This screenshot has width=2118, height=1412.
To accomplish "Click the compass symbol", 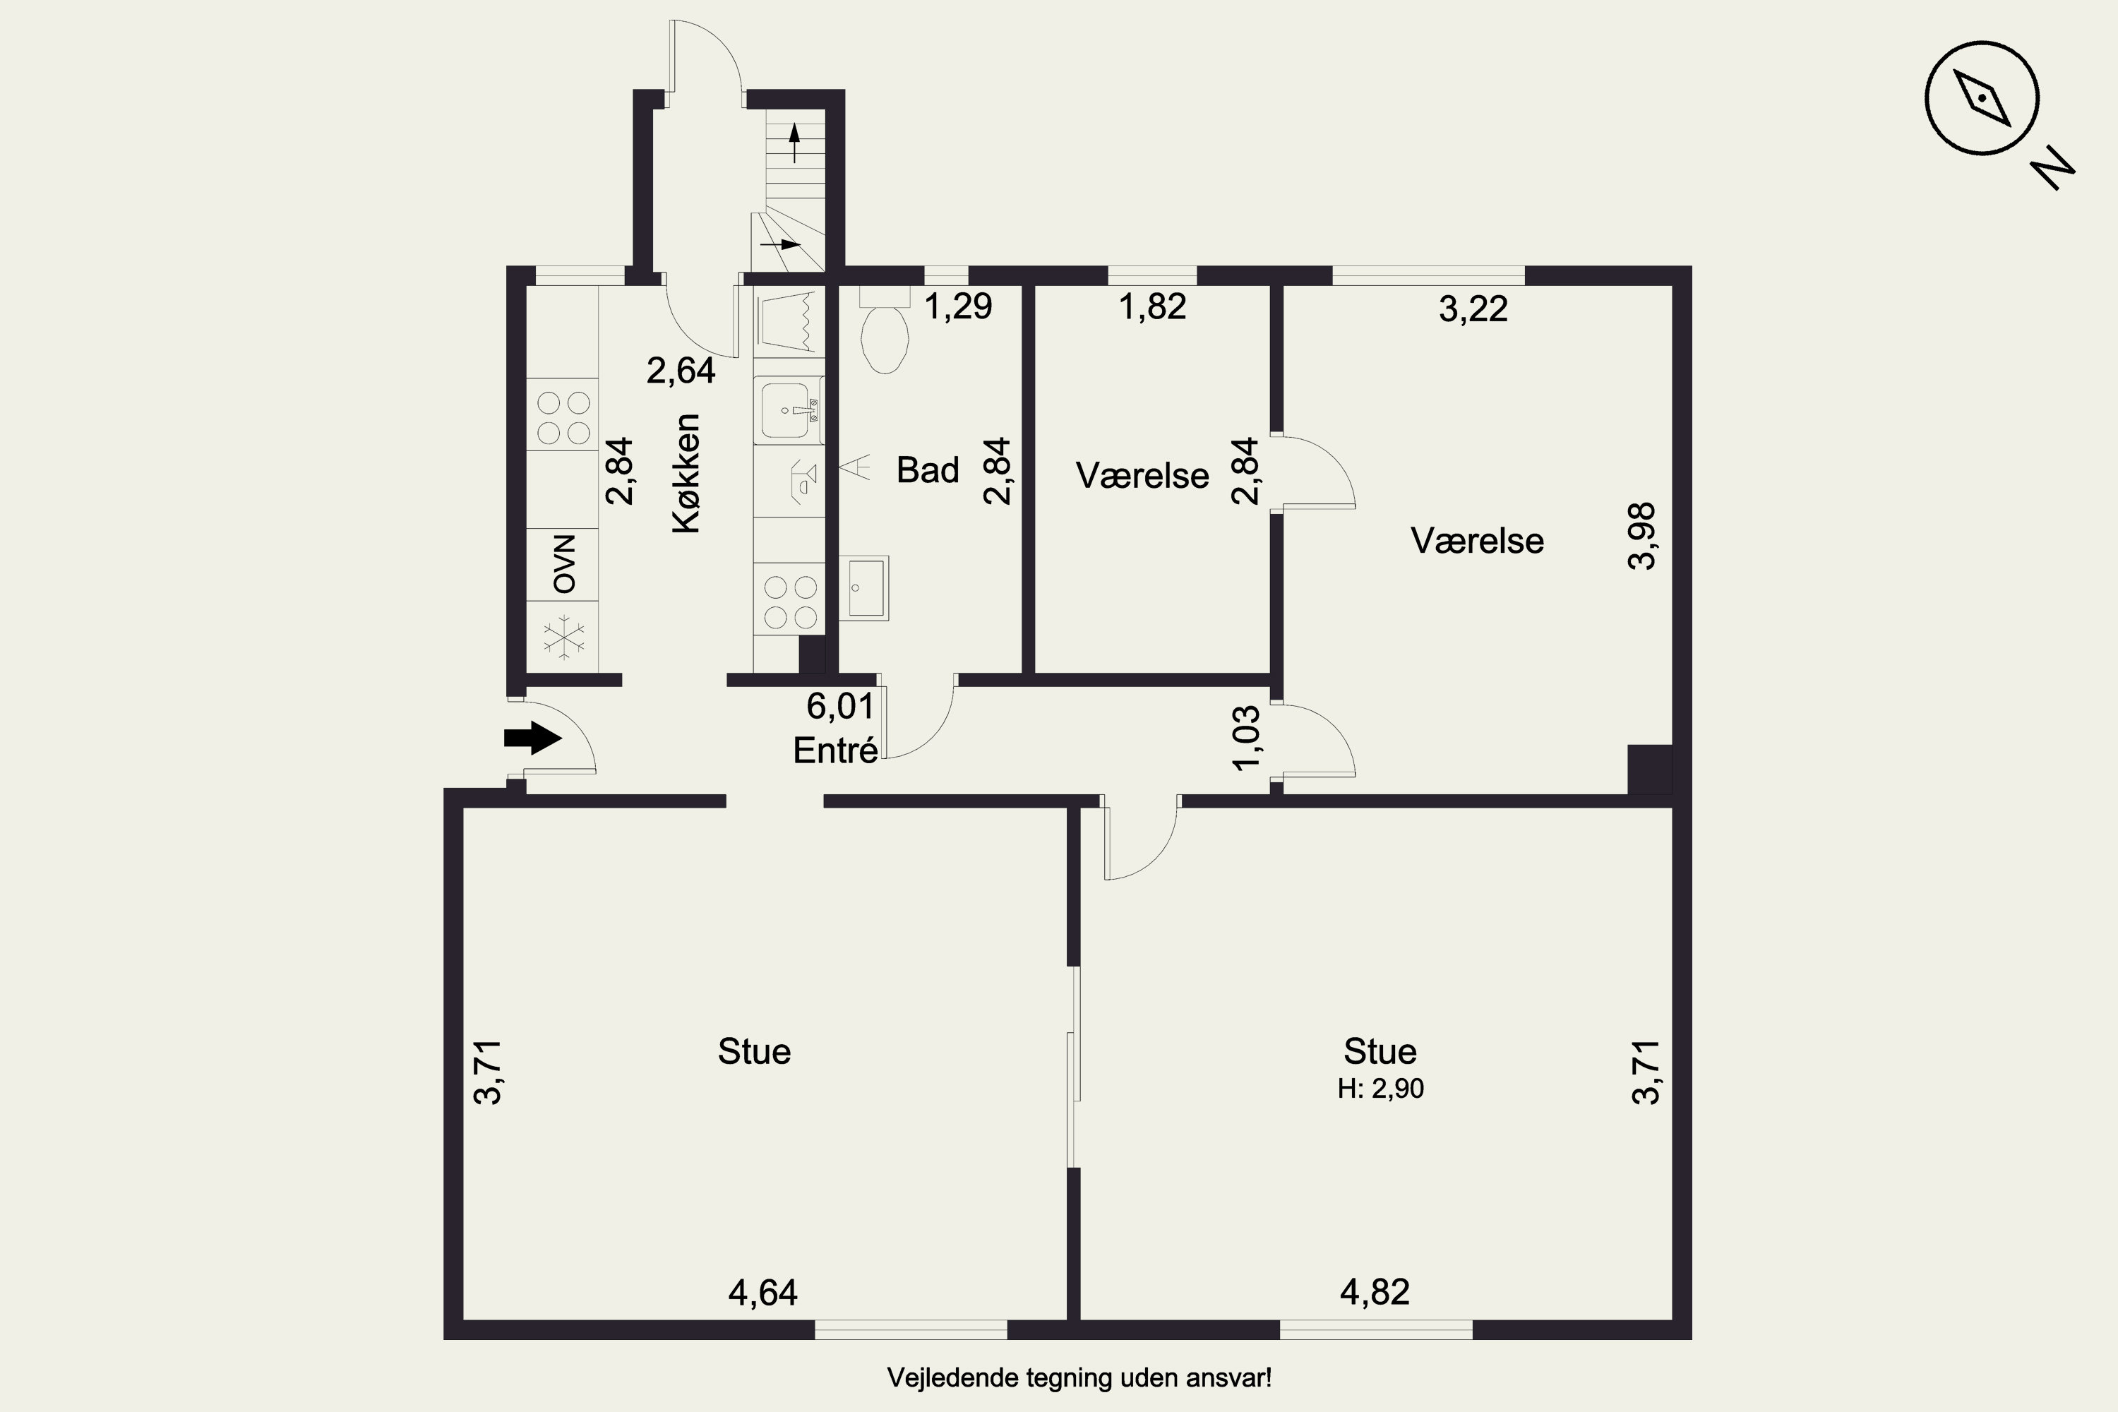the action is click(x=1982, y=98).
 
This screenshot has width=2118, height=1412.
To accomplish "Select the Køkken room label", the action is click(x=686, y=474).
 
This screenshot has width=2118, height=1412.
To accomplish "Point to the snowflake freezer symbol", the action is click(x=563, y=637).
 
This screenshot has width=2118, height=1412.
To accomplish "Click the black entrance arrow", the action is click(x=533, y=738).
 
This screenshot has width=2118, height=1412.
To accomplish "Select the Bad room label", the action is click(x=928, y=470).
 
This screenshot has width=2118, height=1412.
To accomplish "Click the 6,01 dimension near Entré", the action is click(x=840, y=707).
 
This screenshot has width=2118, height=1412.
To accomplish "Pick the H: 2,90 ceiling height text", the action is click(x=1380, y=1089).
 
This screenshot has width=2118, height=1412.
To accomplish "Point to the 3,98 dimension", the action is click(x=1641, y=536).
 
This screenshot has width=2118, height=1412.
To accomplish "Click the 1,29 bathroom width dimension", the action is click(x=959, y=306).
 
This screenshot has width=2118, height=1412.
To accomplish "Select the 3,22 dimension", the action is click(x=1473, y=309).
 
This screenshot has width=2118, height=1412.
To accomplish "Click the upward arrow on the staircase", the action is click(x=794, y=143).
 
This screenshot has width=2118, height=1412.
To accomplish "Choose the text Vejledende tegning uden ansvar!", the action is click(x=1079, y=1378).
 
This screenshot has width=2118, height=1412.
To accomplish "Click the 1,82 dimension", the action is click(x=1153, y=307).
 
